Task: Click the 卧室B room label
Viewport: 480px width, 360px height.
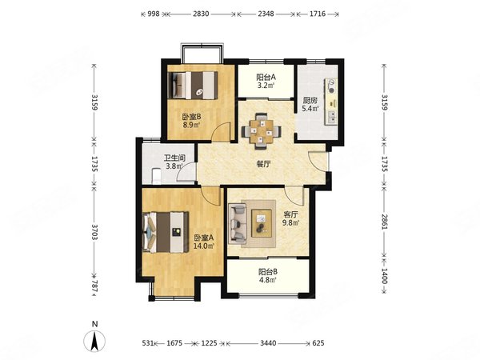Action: tap(192, 117)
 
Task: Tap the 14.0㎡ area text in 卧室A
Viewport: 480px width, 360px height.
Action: tap(203, 246)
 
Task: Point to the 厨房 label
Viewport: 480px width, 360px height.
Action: tap(310, 101)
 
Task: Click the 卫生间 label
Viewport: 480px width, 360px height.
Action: tap(174, 158)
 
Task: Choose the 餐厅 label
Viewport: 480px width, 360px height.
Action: tap(263, 164)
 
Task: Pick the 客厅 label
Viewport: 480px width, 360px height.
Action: tap(290, 214)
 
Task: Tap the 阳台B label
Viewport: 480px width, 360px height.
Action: tap(268, 271)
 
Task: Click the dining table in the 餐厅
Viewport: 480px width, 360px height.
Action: tap(261, 131)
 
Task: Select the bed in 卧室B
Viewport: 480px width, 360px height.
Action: tap(193, 85)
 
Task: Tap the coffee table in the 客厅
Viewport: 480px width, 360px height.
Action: tap(262, 223)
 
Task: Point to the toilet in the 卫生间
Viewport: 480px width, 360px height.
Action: tap(157, 176)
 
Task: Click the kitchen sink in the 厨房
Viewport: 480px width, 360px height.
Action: tap(331, 117)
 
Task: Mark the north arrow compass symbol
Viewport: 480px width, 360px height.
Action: tap(95, 340)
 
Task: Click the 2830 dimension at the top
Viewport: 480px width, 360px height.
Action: tap(201, 14)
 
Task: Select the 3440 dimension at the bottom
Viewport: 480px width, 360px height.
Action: tap(268, 343)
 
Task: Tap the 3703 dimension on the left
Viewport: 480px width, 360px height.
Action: tap(94, 232)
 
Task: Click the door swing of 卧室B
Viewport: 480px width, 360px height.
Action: tap(222, 131)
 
